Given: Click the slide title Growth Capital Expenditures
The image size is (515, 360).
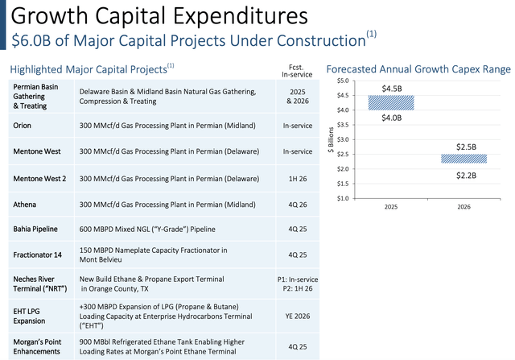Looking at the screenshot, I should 156,16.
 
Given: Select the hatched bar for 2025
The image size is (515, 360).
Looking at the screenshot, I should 390,103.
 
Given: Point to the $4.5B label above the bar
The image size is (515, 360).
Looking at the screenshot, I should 390,88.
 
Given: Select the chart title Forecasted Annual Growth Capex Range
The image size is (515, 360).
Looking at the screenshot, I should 418,69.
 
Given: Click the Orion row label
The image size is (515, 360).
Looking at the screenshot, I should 23,126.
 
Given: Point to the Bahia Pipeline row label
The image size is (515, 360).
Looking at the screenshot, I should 35,230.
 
